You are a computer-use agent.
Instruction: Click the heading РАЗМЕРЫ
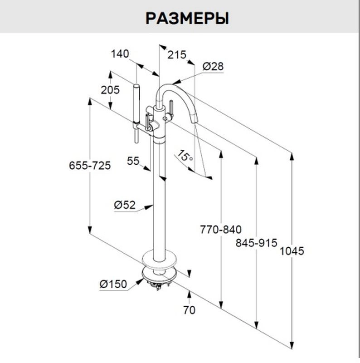click(187, 19)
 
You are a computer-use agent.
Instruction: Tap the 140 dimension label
click(120, 54)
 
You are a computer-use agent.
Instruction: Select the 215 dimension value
click(177, 55)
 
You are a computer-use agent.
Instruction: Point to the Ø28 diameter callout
click(213, 66)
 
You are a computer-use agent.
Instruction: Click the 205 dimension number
click(110, 90)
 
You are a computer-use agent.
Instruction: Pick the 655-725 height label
click(90, 165)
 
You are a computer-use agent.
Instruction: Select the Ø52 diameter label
click(124, 205)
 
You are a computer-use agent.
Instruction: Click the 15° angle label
click(185, 157)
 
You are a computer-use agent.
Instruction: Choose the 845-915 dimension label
click(256, 243)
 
